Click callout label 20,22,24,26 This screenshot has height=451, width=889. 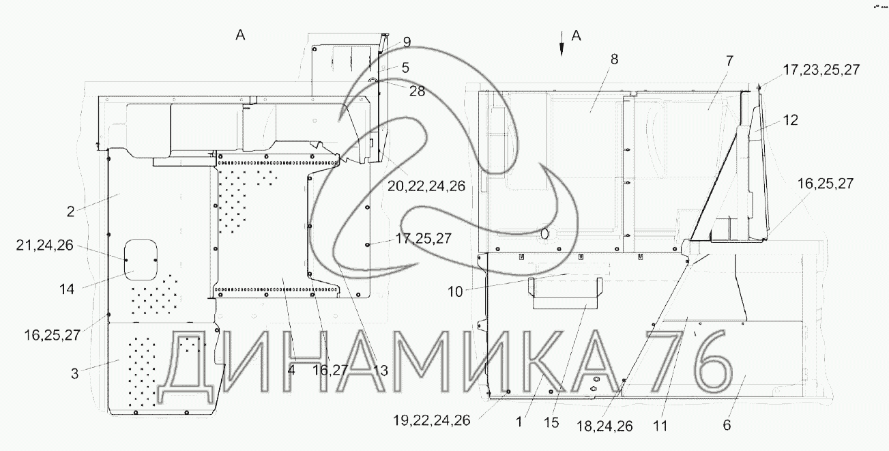tap(426, 186)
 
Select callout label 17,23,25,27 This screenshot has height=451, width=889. tap(821, 70)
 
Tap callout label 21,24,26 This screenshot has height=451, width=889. tap(45, 246)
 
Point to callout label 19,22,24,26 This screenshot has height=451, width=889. tap(432, 420)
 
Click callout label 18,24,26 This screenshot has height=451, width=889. tap(604, 426)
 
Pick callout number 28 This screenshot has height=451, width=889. tap(417, 91)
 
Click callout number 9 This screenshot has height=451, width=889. tap(407, 42)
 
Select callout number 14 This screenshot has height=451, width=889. tap(67, 289)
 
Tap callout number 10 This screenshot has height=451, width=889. tap(455, 292)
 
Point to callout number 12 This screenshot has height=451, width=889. tap(791, 120)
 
